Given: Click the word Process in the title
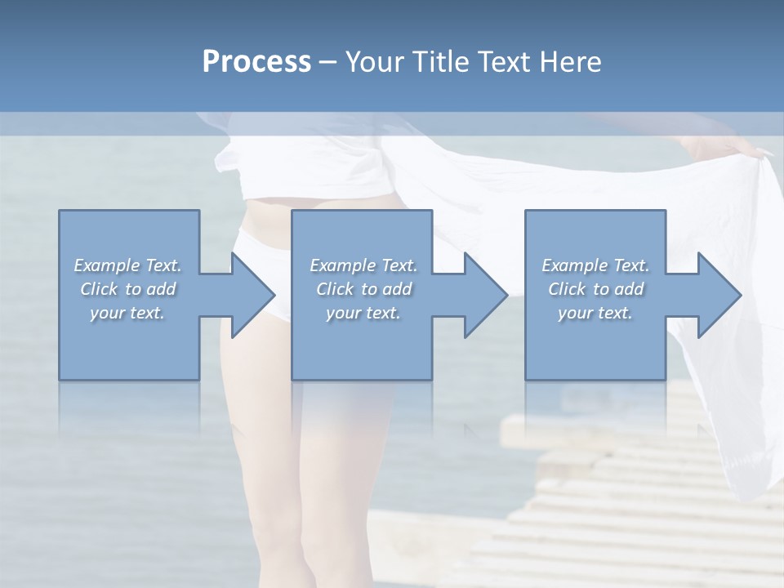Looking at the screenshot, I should click(x=256, y=62).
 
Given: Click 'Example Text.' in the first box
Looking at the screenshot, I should click(x=128, y=265).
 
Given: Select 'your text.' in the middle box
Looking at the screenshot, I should click(x=363, y=313).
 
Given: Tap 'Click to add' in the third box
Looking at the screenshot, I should click(x=595, y=289).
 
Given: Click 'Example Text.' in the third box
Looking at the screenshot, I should click(x=595, y=265).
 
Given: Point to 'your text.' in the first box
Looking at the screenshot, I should click(x=128, y=313).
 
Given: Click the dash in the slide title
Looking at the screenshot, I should click(x=328, y=62).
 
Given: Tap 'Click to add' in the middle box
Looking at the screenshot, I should click(x=363, y=289).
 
